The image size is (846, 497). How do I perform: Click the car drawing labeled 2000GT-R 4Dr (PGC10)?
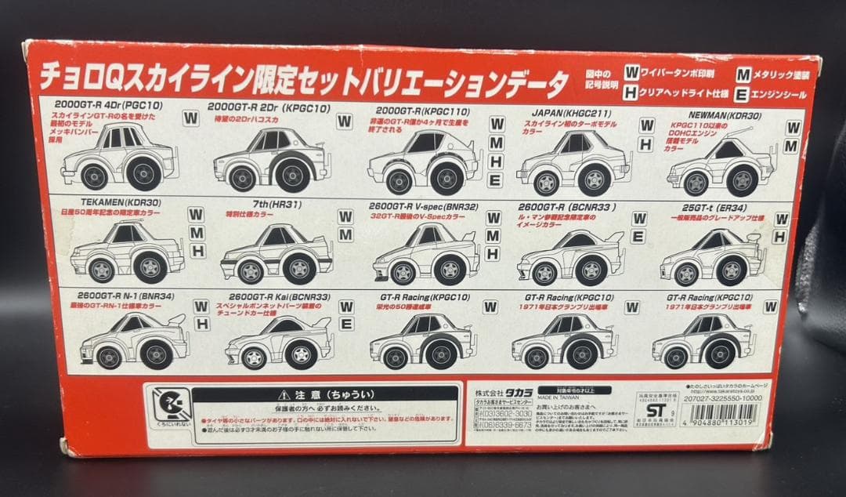click(x=119, y=158)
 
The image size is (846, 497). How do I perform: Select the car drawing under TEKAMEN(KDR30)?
click(x=126, y=252)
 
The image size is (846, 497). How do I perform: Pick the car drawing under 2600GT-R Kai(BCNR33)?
click(x=279, y=343)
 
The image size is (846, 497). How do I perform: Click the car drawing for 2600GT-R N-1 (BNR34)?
click(x=133, y=343)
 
